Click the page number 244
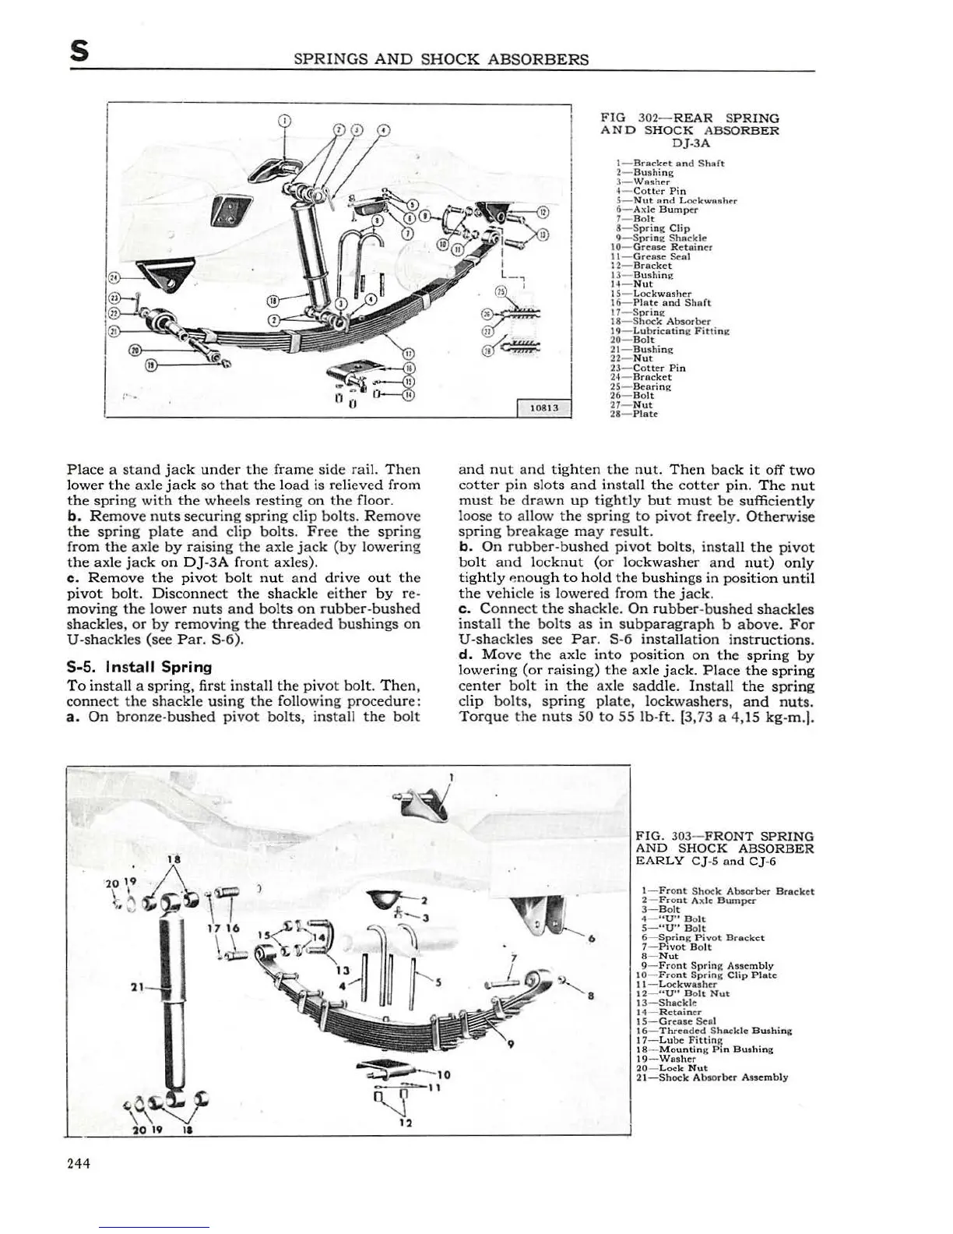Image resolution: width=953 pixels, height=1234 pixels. [79, 1163]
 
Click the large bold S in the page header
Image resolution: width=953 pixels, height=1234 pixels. [79, 53]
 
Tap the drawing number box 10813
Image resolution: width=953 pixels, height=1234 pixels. [544, 408]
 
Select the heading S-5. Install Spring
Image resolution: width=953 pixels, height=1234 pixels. [139, 667]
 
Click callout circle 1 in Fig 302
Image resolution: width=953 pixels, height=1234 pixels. [285, 121]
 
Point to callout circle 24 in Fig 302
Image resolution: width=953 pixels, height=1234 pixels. [115, 277]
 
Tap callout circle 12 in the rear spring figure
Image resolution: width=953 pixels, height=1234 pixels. [543, 212]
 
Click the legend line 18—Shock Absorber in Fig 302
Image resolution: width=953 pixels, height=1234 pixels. [663, 321]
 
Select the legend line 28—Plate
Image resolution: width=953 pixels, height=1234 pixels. [636, 414]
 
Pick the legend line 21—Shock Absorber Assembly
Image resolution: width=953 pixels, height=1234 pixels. [712, 1077]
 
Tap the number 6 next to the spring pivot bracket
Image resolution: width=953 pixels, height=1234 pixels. [593, 939]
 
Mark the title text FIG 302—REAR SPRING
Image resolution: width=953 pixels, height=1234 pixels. [690, 118]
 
